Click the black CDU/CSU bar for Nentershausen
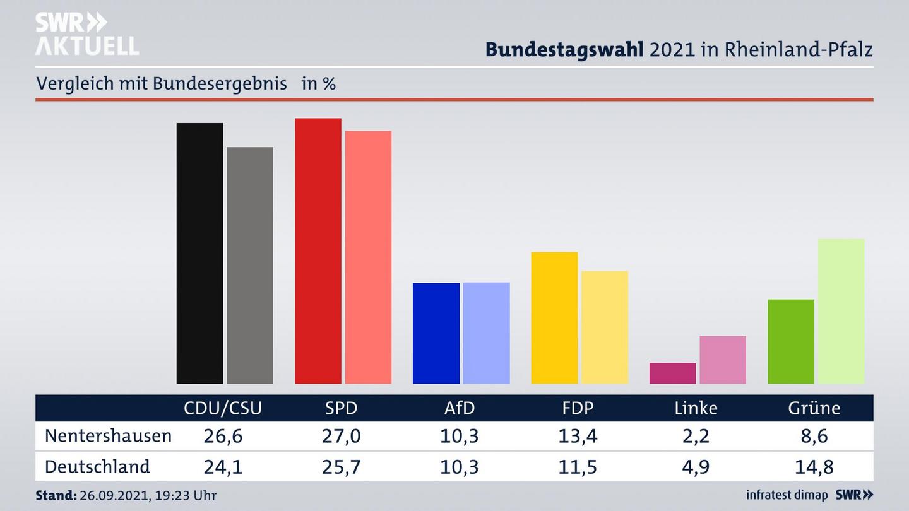coord(199,253)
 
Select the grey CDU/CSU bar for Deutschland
coord(250,265)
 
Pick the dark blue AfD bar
coord(436,333)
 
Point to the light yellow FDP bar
coord(605,327)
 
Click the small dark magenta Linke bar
coord(672,373)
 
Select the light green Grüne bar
coord(841,310)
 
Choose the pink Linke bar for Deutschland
coord(723,360)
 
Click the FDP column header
coord(578,408)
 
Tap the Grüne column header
coord(814,408)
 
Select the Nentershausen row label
coord(108,436)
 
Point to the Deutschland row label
coord(97,467)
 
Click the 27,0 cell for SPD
coord(341,436)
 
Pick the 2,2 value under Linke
coord(696,436)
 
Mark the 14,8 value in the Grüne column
coord(814,467)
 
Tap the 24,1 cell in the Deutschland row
coord(223,467)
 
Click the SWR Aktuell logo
coord(86,34)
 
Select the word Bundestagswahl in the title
coord(564,50)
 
